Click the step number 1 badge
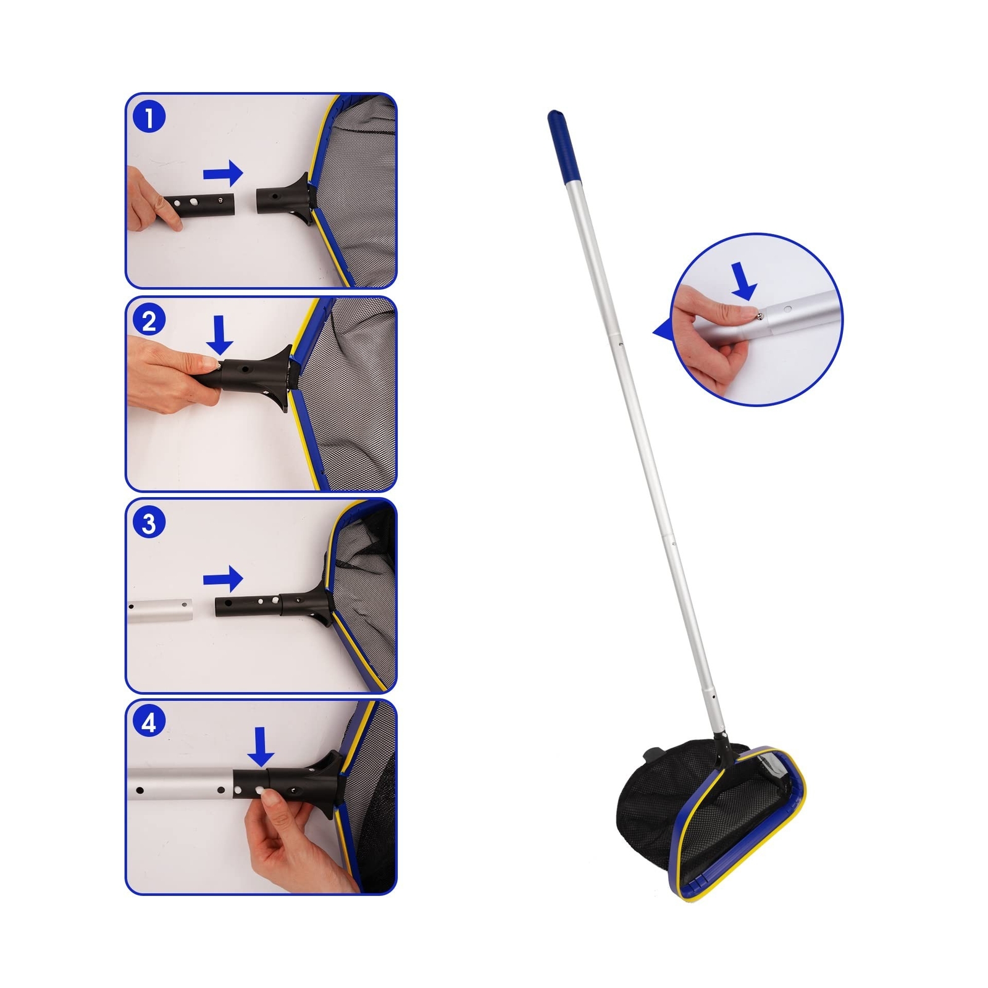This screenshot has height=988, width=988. [x=149, y=117]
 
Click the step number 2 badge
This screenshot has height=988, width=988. [x=149, y=321]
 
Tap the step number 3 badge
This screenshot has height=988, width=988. [x=149, y=523]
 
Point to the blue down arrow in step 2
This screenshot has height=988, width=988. [x=219, y=335]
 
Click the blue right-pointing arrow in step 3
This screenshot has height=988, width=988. [x=223, y=579]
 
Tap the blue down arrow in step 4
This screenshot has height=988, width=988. [x=261, y=747]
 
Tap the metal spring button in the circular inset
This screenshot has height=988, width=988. [x=759, y=316]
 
